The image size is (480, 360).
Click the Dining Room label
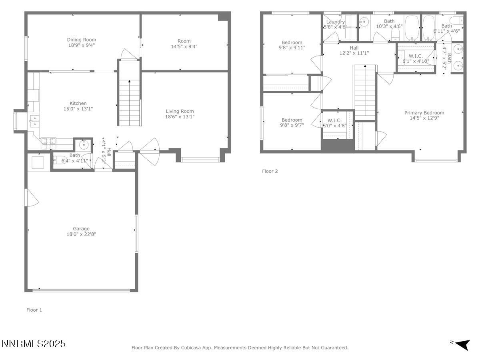tap(81, 40)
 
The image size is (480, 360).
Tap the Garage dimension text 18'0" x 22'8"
tap(81, 234)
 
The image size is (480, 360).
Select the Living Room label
tap(180, 112)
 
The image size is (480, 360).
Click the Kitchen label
tap(78, 104)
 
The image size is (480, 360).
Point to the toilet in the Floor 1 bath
tap(58, 158)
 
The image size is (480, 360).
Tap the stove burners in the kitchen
tap(48, 141)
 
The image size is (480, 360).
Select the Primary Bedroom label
tap(424, 113)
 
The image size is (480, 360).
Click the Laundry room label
tap(335, 22)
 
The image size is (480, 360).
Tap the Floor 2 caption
tap(270, 171)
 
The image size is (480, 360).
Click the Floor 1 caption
tap(34, 310)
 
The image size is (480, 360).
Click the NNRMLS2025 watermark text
tap(34, 344)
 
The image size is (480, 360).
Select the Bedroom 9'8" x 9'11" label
tap(292, 42)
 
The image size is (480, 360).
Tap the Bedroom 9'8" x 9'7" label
tap(292, 120)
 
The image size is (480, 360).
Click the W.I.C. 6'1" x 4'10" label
tap(416, 56)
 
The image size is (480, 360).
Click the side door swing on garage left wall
tap(31, 198)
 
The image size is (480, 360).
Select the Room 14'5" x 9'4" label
tap(184, 41)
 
